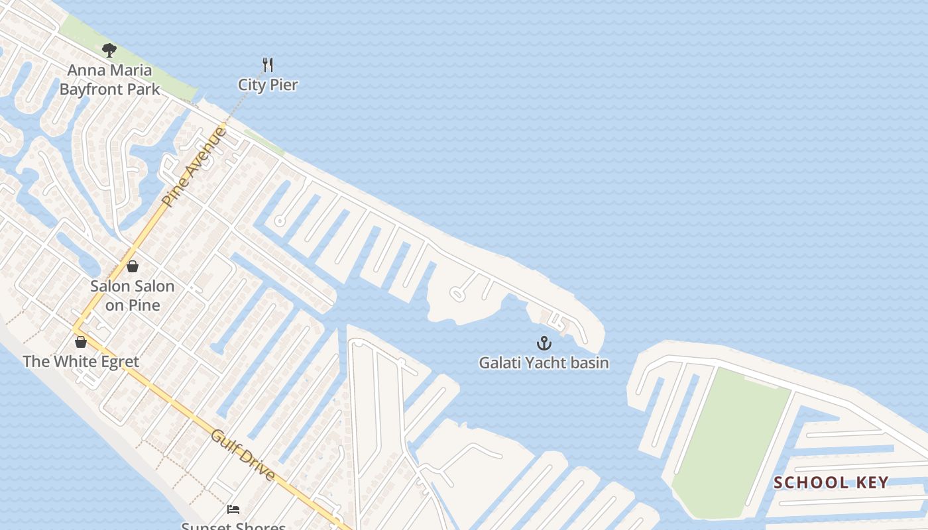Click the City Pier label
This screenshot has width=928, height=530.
tap(268, 85)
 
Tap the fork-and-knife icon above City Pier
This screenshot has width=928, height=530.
tap(268, 65)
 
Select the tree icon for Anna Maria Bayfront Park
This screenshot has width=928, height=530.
tap(109, 50)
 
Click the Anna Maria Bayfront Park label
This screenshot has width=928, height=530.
tap(110, 79)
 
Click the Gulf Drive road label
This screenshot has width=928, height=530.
tap(243, 455)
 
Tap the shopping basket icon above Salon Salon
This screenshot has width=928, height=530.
tap(133, 266)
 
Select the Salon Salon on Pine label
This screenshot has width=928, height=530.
tap(133, 295)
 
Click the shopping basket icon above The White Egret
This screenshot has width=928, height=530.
tap(81, 342)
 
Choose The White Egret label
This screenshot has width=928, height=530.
tap(81, 362)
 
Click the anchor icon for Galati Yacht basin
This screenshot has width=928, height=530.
tap(544, 343)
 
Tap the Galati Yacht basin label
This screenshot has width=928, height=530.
tap(544, 363)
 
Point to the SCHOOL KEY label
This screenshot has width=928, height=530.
tap(831, 482)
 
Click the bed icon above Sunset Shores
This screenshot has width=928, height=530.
tap(233, 509)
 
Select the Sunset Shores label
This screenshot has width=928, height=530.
tap(233, 526)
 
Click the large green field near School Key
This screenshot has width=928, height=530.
tap(729, 437)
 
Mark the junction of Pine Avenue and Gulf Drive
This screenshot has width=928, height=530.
tap(75, 328)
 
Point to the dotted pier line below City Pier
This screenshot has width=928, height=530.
tap(242, 106)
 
